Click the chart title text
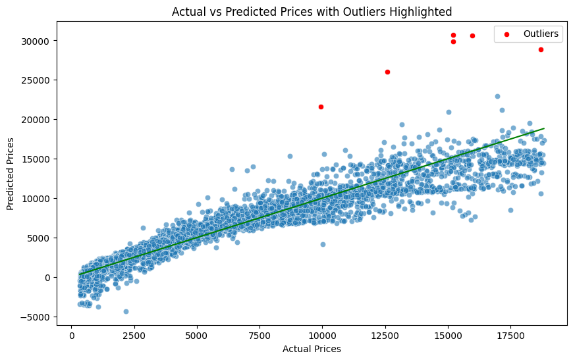(312, 11)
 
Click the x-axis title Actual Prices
(312, 349)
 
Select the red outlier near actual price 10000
(321, 107)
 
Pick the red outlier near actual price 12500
(387, 72)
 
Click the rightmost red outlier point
(541, 49)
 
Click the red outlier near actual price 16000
(472, 36)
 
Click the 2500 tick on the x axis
(134, 334)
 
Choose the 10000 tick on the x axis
(322, 334)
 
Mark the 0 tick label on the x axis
(72, 334)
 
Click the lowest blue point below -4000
(126, 311)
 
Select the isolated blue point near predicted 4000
(323, 244)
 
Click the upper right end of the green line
(544, 128)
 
